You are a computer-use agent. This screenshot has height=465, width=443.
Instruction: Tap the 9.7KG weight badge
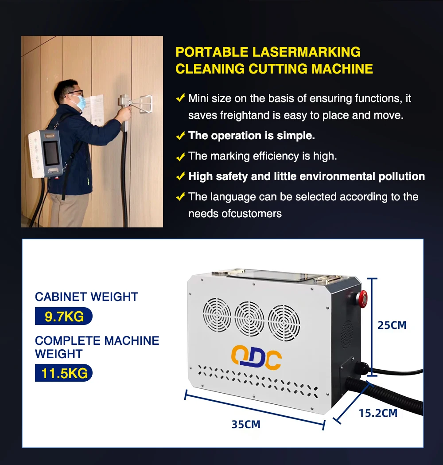click(x=64, y=316)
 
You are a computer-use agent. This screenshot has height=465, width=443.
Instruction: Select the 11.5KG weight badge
click(x=64, y=373)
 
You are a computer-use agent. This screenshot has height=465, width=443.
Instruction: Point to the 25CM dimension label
click(x=392, y=325)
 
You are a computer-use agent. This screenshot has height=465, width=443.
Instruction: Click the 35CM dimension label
click(x=246, y=424)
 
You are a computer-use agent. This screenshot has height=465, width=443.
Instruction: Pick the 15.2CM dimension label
click(x=378, y=413)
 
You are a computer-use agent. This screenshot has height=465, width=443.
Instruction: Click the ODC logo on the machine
click(x=256, y=358)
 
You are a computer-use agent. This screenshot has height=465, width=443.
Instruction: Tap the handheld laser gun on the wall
click(x=133, y=103)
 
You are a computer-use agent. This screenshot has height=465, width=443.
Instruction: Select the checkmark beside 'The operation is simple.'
click(x=180, y=136)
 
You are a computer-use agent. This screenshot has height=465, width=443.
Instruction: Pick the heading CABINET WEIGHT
click(x=86, y=297)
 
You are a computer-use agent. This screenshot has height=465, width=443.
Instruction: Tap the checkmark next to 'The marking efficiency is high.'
click(x=180, y=156)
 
